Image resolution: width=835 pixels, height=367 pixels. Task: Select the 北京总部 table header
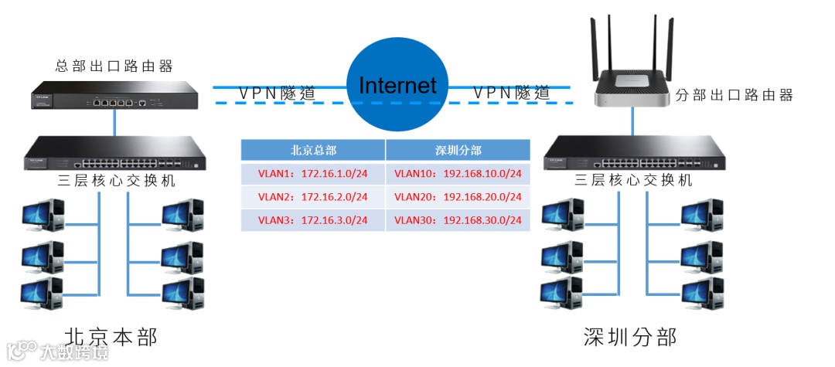tap(313, 150)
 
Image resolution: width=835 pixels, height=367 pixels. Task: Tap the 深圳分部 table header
tap(458, 150)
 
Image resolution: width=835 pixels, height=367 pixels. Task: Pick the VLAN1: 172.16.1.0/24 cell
tap(313, 174)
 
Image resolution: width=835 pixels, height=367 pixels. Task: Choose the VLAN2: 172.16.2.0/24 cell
tap(313, 197)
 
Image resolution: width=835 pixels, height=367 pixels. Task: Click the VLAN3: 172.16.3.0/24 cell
tap(313, 220)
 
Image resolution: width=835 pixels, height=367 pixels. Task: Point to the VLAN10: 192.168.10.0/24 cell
tap(458, 174)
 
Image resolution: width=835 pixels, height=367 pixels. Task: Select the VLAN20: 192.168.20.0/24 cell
tap(458, 197)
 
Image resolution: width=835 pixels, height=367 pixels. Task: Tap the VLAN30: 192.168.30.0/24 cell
tap(458, 220)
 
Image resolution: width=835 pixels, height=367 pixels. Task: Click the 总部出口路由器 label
tap(114, 65)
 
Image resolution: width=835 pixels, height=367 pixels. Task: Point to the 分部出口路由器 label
tap(734, 95)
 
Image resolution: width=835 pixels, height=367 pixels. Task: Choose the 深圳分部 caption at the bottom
tap(630, 338)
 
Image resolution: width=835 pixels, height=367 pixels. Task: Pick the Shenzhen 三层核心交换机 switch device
tap(634, 154)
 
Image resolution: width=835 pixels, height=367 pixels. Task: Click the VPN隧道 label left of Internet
tap(277, 93)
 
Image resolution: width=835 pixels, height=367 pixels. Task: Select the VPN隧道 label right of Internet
tap(511, 93)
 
